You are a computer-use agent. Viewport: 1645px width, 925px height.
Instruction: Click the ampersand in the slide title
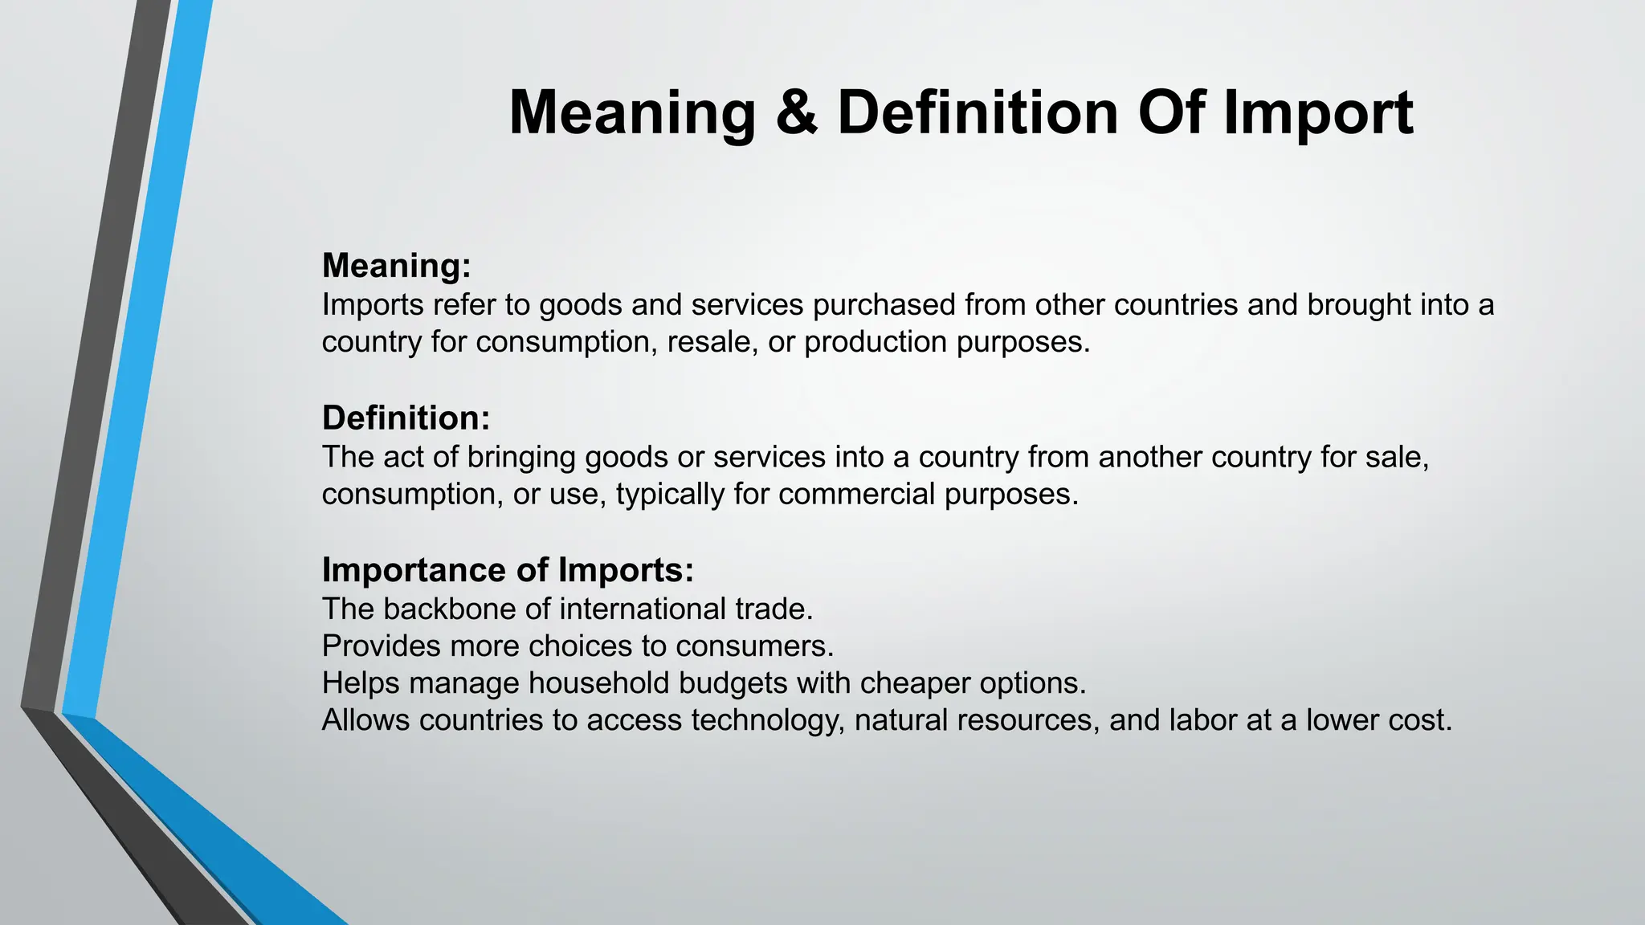point(797,112)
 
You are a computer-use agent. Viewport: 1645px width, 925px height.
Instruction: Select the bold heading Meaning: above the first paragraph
point(396,266)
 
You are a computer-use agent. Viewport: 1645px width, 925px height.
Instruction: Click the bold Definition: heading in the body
point(406,418)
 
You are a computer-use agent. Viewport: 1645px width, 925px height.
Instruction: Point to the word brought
point(1359,305)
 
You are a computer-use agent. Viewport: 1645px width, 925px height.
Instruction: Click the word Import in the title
point(1318,112)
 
